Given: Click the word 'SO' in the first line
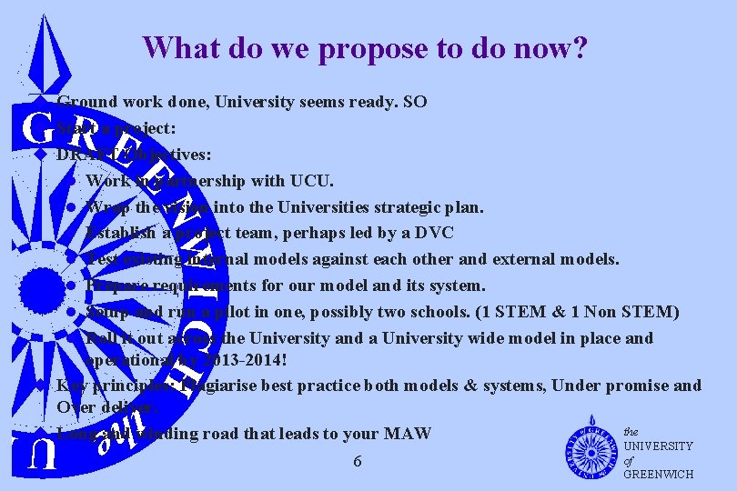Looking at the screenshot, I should coord(414,102).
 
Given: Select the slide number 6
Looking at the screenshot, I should coord(358,461).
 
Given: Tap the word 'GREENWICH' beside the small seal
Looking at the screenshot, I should coord(659,474).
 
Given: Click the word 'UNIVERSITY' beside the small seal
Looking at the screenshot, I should coord(659,446).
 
